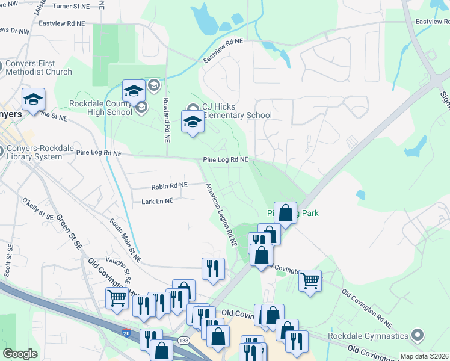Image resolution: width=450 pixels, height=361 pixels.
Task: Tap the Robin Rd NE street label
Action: tap(170, 185)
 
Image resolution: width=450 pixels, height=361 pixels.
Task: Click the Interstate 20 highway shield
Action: tap(126, 332)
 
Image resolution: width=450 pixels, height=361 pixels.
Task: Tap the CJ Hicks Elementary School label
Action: tap(236, 111)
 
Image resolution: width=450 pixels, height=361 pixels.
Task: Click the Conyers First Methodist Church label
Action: tap(39, 67)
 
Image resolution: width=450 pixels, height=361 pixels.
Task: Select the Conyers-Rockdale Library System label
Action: tap(32, 153)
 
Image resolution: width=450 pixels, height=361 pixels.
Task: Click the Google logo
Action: tap(20, 354)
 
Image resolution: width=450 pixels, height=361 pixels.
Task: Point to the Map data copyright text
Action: tap(424, 356)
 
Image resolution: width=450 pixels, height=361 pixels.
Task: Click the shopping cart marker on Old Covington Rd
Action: tap(310, 280)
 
